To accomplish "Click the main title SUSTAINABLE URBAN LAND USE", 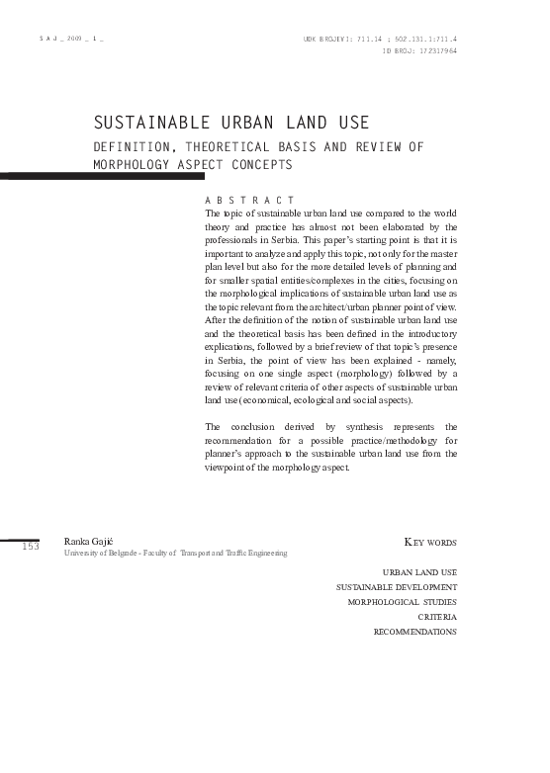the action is point(230,124).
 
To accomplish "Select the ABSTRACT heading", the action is point(249,201).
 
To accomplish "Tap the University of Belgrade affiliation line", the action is point(175,554).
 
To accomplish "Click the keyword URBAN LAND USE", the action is point(419,572).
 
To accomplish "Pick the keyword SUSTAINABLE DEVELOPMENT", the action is point(397,587).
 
